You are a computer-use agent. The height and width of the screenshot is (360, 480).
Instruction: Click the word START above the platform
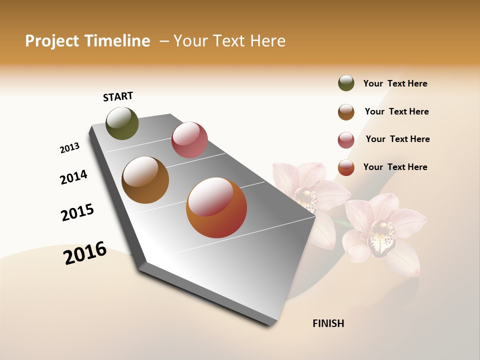pos(118,96)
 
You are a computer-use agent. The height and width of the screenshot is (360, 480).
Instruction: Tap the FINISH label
pos(328,323)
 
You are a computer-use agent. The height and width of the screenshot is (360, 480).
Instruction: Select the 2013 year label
pos(69,148)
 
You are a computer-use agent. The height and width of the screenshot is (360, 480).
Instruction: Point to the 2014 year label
pos(73,177)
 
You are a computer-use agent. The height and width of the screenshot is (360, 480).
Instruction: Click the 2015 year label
pos(77,212)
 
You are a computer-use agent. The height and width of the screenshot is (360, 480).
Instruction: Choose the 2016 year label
pos(85,252)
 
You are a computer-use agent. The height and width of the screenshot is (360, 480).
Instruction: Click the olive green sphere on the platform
pos(122,123)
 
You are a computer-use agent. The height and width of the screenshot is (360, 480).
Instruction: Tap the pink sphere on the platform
pos(189,140)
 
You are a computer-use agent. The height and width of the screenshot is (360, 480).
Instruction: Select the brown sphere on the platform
pos(145,179)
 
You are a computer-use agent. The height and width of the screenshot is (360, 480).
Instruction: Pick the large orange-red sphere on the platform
pos(216,207)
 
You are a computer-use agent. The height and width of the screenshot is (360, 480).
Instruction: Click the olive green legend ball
pos(346,83)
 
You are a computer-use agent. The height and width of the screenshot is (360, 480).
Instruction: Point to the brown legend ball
pos(346,112)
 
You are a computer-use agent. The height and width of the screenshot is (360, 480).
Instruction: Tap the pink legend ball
pos(346,140)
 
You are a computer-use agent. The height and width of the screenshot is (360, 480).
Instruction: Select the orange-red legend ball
pos(346,167)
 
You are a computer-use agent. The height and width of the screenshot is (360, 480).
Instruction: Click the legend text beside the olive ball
pos(395,83)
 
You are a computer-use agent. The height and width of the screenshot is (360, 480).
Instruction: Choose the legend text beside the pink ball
pos(397,139)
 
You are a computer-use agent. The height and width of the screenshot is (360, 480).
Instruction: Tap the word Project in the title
pos(52,41)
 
